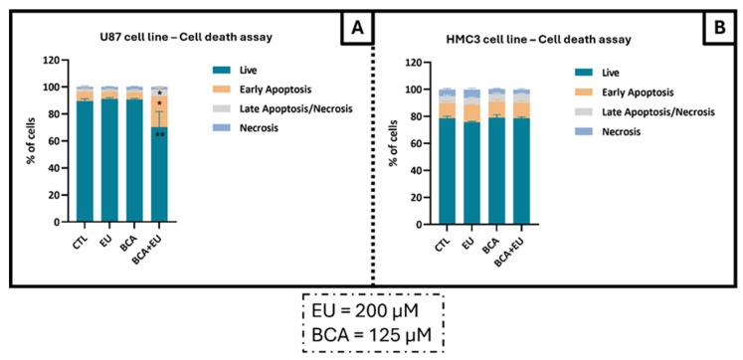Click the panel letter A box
(x=354, y=31)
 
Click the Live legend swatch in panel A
(x=216, y=69)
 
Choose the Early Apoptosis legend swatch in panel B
(x=583, y=91)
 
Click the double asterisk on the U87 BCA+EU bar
(x=159, y=135)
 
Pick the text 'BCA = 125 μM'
(x=373, y=336)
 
